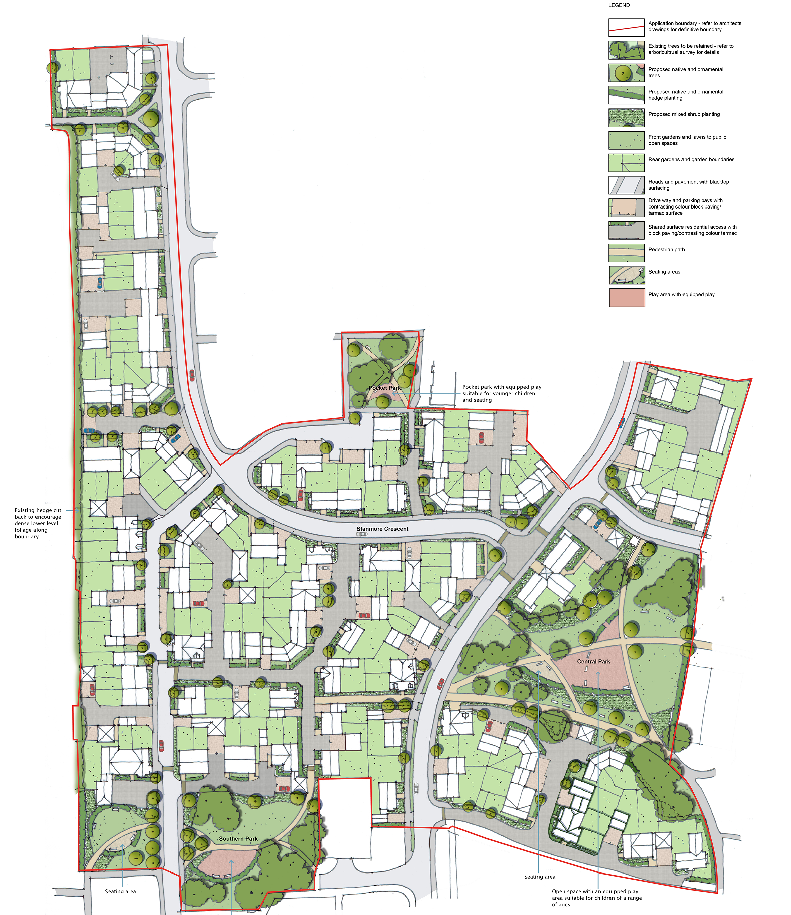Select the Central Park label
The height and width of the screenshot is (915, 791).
click(x=593, y=662)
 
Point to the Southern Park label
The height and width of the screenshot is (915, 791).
click(x=238, y=839)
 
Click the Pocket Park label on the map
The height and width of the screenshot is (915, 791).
click(x=384, y=388)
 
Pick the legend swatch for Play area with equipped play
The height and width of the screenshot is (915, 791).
click(x=627, y=298)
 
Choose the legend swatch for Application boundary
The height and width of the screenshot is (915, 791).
click(x=626, y=27)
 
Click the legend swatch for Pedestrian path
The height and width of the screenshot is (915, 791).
click(x=626, y=253)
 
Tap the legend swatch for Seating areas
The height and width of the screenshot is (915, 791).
click(x=626, y=275)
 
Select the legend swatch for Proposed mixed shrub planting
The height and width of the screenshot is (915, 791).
click(x=626, y=117)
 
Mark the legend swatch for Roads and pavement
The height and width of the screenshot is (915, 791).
click(x=626, y=185)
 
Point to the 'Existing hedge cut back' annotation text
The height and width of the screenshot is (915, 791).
click(x=38, y=523)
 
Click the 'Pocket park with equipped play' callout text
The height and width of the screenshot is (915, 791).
click(x=502, y=393)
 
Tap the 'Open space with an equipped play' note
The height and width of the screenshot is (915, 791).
click(x=596, y=898)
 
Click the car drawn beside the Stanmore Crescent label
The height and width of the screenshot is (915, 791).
click(x=361, y=535)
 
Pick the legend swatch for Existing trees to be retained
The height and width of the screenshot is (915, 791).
click(x=626, y=50)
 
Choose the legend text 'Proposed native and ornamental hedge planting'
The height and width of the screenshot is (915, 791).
click(x=686, y=95)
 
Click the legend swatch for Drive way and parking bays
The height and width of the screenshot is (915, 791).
click(x=626, y=207)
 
